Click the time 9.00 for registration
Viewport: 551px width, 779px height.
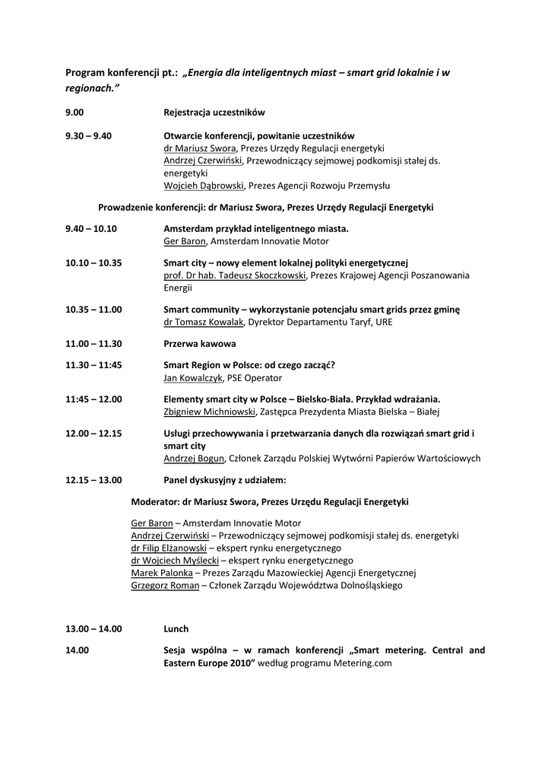pos(74,113)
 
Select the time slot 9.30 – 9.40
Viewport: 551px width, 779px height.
pos(88,136)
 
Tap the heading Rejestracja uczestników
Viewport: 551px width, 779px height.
pos(214,113)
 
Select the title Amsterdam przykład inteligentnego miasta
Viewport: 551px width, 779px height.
pos(256,228)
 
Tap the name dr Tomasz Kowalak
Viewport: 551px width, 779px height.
pos(204,322)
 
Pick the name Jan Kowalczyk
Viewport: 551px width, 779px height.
pos(194,377)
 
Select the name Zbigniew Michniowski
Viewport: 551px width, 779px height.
pos(210,412)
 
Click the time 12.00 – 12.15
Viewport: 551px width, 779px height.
pos(93,434)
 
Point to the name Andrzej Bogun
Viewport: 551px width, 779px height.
pos(194,458)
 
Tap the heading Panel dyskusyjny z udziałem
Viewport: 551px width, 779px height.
pos(225,480)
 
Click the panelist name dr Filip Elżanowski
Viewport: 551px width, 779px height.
pos(168,548)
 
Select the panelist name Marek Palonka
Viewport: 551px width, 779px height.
pos(161,572)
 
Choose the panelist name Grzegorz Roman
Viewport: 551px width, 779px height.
pos(165,585)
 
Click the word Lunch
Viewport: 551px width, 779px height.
pos(176,629)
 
